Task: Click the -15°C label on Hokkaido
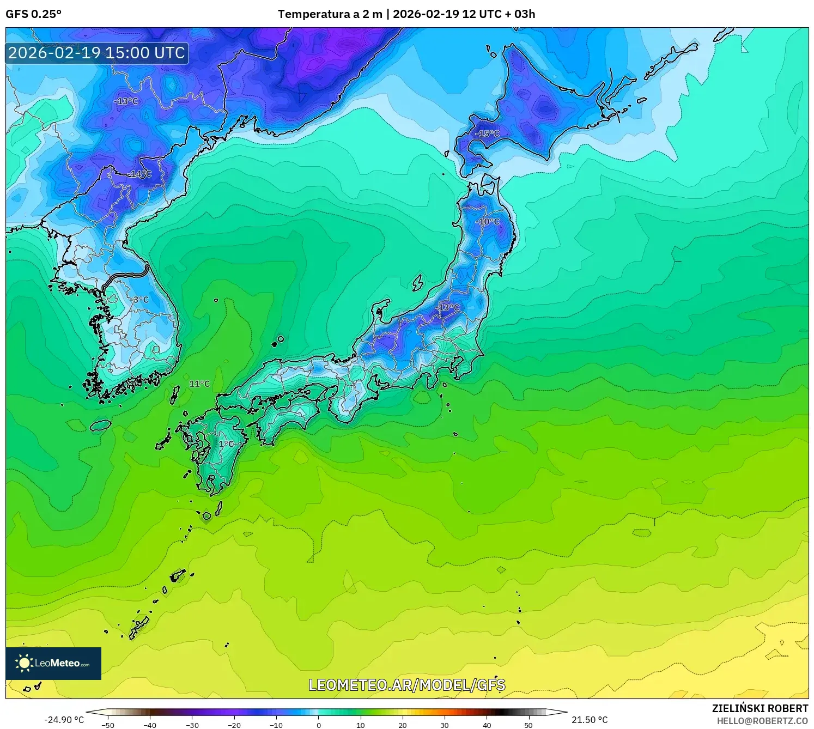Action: [487, 133]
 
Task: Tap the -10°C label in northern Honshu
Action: [487, 222]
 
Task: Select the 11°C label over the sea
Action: [199, 384]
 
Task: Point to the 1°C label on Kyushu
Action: [227, 444]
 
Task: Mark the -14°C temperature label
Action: [140, 174]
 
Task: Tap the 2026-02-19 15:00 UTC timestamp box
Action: [97, 53]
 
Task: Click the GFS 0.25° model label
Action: [33, 14]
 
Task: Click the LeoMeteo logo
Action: [53, 663]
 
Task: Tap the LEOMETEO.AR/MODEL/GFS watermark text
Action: [407, 685]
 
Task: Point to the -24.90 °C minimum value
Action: [64, 720]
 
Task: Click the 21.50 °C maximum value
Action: [590, 720]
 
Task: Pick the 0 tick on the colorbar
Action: [319, 725]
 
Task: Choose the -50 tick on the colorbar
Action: [108, 725]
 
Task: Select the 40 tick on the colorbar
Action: [487, 725]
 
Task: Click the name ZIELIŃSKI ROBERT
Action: [760, 708]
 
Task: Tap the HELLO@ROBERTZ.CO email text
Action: [762, 721]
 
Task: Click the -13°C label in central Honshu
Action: [448, 307]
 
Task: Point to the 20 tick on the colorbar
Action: [403, 725]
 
